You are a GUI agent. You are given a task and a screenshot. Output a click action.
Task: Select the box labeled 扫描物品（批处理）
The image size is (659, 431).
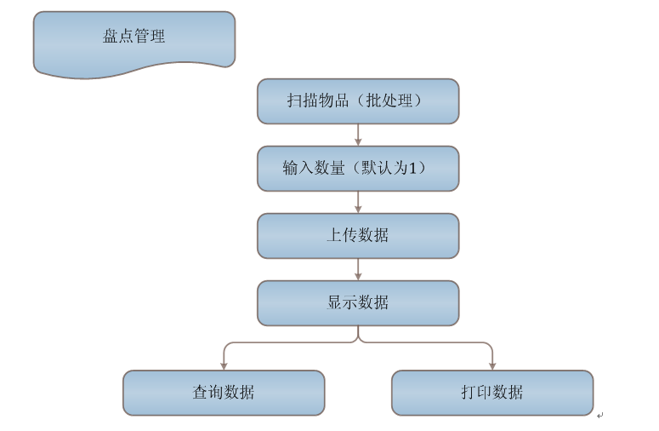pyautogui.click(x=358, y=101)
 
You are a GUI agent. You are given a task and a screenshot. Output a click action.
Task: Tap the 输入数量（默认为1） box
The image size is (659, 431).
pyautogui.click(x=358, y=169)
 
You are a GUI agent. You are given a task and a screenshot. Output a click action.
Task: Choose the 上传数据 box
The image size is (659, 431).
pyautogui.click(x=358, y=236)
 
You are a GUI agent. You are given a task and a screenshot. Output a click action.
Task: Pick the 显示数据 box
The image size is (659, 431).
pyautogui.click(x=358, y=302)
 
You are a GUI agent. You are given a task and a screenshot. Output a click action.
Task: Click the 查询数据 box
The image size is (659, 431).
pyautogui.click(x=224, y=393)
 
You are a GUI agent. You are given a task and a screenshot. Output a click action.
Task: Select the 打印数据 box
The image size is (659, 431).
pyautogui.click(x=492, y=393)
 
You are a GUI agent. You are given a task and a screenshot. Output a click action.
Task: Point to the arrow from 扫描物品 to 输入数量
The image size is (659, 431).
pyautogui.click(x=358, y=135)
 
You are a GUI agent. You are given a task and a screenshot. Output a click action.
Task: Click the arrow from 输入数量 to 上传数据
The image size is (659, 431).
pyautogui.click(x=358, y=202)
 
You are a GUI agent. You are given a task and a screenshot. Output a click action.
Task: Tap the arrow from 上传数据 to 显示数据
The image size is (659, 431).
pyautogui.click(x=358, y=269)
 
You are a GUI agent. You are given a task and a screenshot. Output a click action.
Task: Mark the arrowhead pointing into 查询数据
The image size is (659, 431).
pyautogui.click(x=224, y=365)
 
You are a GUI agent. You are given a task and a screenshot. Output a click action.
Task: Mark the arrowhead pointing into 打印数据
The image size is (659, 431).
pyautogui.click(x=492, y=365)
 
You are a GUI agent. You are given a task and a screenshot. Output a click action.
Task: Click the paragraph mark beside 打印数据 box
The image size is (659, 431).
pyautogui.click(x=599, y=415)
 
